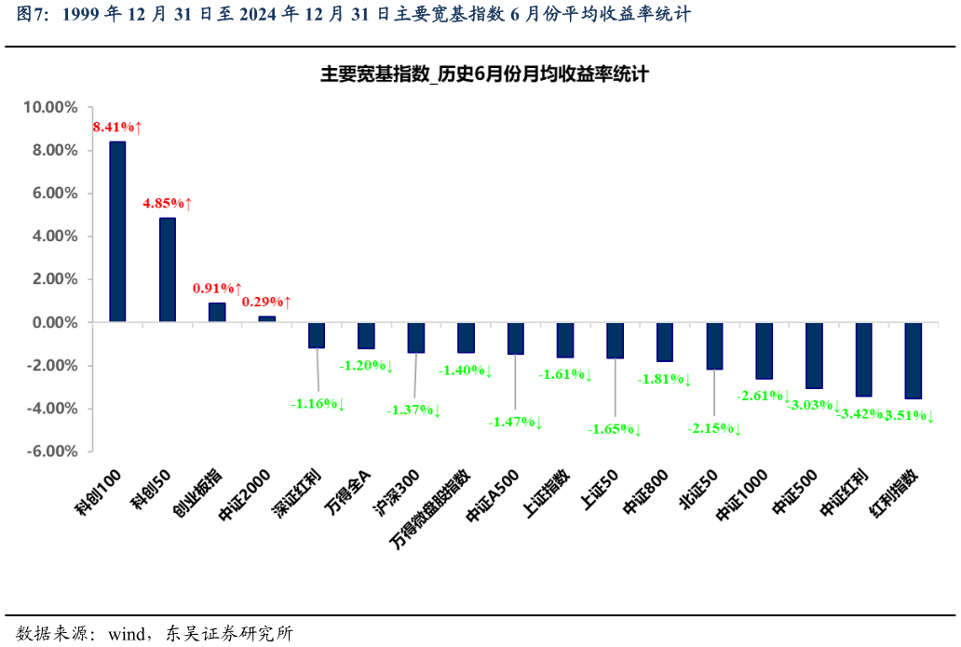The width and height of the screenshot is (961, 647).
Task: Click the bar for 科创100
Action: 117,232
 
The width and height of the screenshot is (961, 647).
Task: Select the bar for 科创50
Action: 168,270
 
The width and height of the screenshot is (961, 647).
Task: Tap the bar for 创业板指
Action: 217,313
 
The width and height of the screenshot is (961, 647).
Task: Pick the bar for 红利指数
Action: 914,360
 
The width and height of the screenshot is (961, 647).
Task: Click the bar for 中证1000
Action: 764,351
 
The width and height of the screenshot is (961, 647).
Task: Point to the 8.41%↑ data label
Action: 116,127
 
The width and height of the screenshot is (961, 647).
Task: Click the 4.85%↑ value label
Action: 167,203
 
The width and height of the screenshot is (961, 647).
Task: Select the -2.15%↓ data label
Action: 714,429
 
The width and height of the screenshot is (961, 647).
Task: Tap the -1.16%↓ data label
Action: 318,404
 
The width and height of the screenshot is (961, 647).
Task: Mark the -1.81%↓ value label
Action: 664,380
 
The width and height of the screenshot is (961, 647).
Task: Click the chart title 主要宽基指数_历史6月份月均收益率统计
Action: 484,75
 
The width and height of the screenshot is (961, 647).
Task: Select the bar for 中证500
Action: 814,356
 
